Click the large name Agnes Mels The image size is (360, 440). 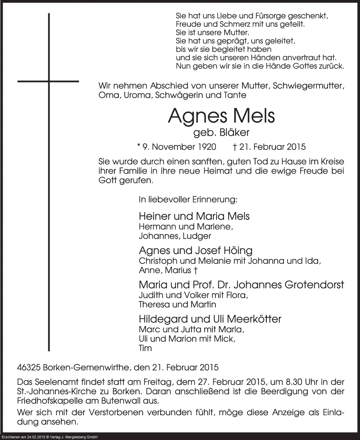point(221,116)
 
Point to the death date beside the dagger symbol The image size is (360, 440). point(273,147)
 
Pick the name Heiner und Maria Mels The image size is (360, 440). point(194,216)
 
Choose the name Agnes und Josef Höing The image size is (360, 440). point(195,250)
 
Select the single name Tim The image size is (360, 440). point(145,348)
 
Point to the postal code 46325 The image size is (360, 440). point(29,368)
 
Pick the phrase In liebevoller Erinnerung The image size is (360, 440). point(188,200)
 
